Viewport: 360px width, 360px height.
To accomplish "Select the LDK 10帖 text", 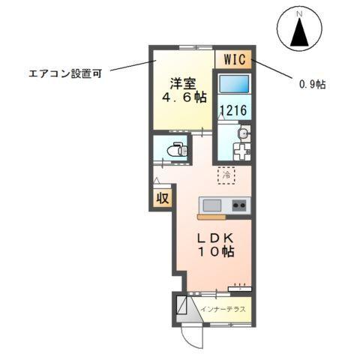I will pos(216,245).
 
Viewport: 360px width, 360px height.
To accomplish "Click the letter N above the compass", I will pos(298,14).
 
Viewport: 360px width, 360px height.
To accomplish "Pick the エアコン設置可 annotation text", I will pos(64,73).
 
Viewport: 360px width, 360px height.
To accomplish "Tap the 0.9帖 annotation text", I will pos(311,84).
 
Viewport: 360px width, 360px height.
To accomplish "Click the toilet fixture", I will pos(175,149).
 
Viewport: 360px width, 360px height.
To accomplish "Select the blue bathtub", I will pos(235,84).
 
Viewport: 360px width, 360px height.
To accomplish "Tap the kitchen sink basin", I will pos(210,204).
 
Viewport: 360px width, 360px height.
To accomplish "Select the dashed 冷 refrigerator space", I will pos(226,175).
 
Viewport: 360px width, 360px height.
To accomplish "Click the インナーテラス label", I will pos(223,308).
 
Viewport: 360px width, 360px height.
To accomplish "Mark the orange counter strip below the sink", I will pos(211,217).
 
